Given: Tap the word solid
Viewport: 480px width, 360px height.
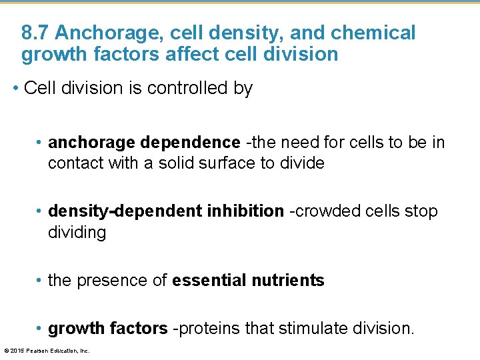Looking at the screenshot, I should pos(180,163).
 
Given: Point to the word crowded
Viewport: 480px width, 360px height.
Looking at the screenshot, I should pos(328,211).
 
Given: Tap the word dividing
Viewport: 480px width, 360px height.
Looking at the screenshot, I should pos(77,233).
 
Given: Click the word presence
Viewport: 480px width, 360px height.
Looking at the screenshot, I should pos(108,281).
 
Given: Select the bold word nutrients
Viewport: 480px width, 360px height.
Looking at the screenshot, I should pos(288,281).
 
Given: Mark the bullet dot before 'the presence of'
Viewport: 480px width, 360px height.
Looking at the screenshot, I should pos(41,281).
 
